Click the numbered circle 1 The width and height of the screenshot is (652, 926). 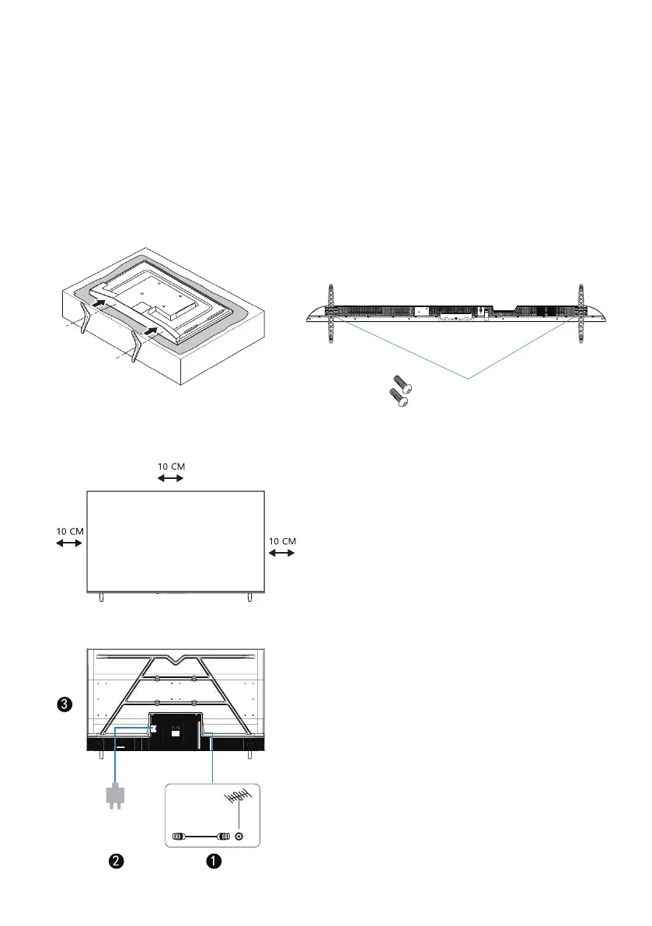[x=214, y=861]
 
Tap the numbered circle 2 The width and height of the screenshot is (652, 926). [x=117, y=861]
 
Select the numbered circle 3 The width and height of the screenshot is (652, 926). [x=65, y=704]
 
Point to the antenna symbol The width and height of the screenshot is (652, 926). [x=236, y=798]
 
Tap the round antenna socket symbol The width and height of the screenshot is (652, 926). [x=239, y=837]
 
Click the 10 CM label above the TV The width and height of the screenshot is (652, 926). [x=171, y=466]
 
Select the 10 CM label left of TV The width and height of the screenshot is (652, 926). [x=70, y=532]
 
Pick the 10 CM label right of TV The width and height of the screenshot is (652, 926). [x=282, y=541]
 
